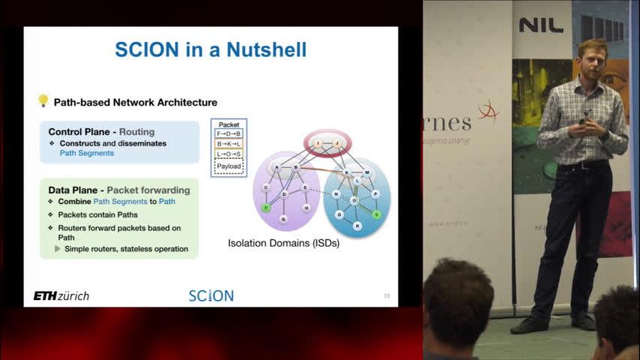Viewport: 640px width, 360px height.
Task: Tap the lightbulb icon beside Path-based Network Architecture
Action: click(x=43, y=100)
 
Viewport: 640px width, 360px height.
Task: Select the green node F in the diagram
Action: click(x=265, y=208)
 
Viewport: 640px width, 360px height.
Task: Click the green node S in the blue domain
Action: click(x=376, y=214)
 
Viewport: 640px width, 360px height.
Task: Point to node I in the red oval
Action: click(x=318, y=142)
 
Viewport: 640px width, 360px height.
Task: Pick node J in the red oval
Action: click(x=336, y=142)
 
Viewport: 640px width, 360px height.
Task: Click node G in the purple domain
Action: click(x=283, y=219)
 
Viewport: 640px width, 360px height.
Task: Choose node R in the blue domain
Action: click(x=357, y=225)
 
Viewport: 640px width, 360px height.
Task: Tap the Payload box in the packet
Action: click(x=229, y=166)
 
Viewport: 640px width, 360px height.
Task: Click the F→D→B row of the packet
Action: click(x=229, y=133)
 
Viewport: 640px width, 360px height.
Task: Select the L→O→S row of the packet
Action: click(x=229, y=154)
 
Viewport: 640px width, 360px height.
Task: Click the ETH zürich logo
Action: click(x=61, y=296)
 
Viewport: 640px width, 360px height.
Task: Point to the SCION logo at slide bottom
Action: click(x=211, y=296)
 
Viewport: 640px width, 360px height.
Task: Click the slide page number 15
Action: click(x=387, y=296)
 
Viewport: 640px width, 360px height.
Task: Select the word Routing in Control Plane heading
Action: click(x=136, y=132)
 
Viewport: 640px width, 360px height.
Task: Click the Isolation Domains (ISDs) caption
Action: click(x=284, y=243)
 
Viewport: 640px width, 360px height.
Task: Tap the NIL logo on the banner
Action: click(x=541, y=25)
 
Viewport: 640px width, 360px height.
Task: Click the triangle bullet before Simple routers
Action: click(x=58, y=249)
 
